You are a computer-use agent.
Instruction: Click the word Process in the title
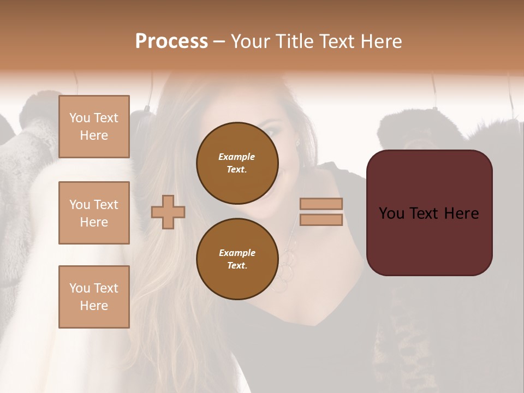pyautogui.click(x=171, y=41)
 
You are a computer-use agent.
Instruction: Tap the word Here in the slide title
pyautogui.click(x=380, y=41)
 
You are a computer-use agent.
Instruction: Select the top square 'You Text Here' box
pyautogui.click(x=94, y=127)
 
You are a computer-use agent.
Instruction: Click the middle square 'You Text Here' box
pyautogui.click(x=94, y=213)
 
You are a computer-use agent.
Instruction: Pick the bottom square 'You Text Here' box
pyautogui.click(x=94, y=296)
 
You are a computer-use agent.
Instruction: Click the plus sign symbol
pyautogui.click(x=168, y=212)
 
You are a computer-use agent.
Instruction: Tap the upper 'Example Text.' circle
pyautogui.click(x=237, y=163)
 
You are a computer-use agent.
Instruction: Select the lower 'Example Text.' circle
pyautogui.click(x=237, y=259)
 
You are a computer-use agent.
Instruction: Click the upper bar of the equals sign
pyautogui.click(x=321, y=204)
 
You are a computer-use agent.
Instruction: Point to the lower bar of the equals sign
pyautogui.click(x=321, y=219)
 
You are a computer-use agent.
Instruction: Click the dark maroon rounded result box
pyautogui.click(x=429, y=240)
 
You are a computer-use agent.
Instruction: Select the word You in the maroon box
pyautogui.click(x=391, y=213)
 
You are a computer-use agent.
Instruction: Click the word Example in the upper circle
pyautogui.click(x=237, y=157)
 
